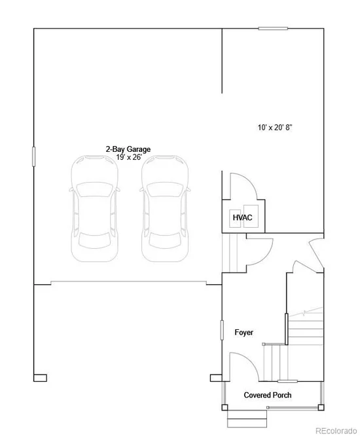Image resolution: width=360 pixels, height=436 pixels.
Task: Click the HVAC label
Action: click(242, 217)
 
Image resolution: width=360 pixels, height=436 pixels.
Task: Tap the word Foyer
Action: click(243, 333)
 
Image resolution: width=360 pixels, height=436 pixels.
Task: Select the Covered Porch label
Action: click(268, 395)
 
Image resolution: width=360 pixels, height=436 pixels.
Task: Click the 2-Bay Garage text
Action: click(128, 149)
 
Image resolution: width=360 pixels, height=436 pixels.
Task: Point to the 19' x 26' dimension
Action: click(129, 157)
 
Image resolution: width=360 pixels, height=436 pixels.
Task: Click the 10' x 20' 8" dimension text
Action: click(275, 128)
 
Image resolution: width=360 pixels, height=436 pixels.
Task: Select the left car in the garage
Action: click(95, 209)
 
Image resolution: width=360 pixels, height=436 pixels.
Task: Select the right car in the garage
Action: click(165, 209)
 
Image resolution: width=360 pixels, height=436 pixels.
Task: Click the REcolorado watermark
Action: click(336, 431)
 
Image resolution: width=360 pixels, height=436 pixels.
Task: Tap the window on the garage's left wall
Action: click(34, 156)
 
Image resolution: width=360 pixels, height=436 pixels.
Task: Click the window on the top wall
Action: click(273, 28)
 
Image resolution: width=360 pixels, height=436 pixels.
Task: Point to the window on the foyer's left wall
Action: click(222, 330)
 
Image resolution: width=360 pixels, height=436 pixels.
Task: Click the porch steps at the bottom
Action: click(247, 419)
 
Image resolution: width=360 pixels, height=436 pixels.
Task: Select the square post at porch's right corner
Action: click(321, 407)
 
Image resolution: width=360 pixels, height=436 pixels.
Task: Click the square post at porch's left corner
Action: click(225, 407)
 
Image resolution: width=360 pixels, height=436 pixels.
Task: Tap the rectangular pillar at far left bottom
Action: click(40, 378)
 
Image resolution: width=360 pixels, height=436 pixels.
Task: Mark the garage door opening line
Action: click(128, 282)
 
